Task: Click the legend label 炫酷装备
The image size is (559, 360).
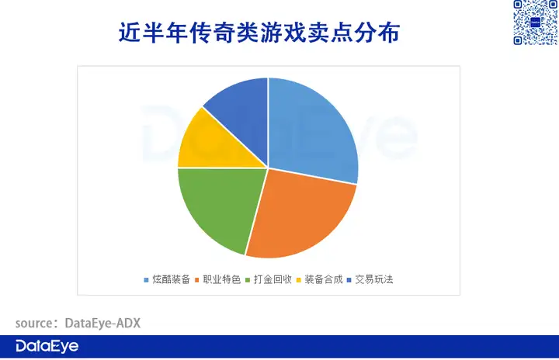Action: (171, 279)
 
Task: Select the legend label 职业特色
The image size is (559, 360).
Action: (222, 279)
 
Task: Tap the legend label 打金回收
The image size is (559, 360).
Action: (273, 279)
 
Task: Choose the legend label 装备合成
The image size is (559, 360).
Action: (323, 279)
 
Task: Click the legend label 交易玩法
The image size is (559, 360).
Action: (374, 279)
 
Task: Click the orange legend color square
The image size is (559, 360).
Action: (196, 280)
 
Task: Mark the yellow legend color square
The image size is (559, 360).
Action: (298, 280)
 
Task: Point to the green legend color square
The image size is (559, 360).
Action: (248, 280)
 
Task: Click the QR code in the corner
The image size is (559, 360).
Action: (536, 22)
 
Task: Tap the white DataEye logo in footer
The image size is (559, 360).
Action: (47, 346)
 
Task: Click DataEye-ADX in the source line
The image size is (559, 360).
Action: (102, 324)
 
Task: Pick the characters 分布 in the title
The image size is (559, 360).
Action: (377, 33)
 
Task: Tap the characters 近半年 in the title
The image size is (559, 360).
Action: (153, 33)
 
